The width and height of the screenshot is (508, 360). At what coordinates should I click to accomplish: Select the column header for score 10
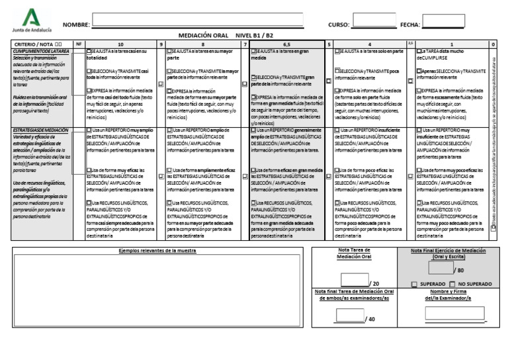tap(120, 44)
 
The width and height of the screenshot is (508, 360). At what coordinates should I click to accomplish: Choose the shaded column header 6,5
tap(287, 44)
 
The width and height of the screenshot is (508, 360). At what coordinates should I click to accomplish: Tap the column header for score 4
tap(370, 44)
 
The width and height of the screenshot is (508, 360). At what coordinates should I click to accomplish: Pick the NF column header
tap(79, 44)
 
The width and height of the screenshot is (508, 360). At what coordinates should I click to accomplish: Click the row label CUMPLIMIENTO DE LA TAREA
tap(41, 51)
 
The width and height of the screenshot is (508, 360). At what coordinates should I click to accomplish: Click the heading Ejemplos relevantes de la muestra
tap(157, 251)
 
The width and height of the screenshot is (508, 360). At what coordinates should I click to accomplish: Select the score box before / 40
tap(349, 315)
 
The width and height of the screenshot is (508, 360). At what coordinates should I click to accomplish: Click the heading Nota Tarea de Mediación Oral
tap(353, 253)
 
